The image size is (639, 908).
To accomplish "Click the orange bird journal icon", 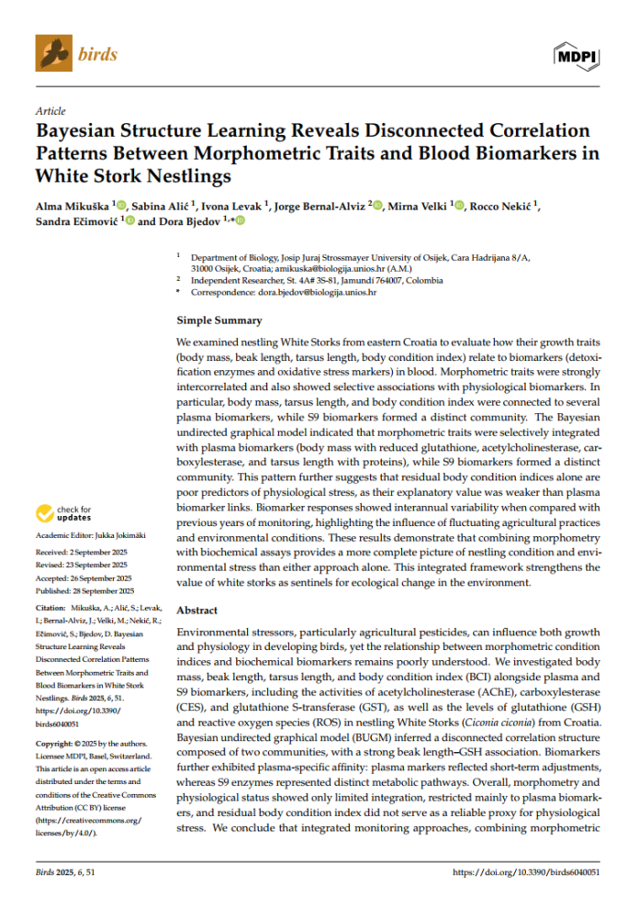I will (x=53, y=53).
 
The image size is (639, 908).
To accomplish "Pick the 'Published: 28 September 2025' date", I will (x=84, y=592).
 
